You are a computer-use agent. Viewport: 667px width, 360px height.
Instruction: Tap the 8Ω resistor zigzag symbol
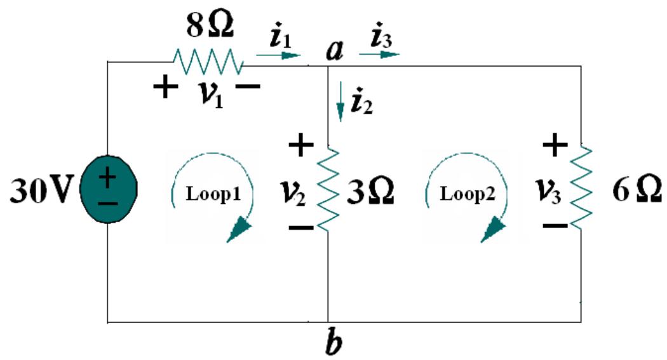pos(207,62)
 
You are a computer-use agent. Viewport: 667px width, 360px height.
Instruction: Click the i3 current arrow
pos(379,55)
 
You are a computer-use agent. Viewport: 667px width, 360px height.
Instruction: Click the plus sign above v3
pos(555,145)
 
